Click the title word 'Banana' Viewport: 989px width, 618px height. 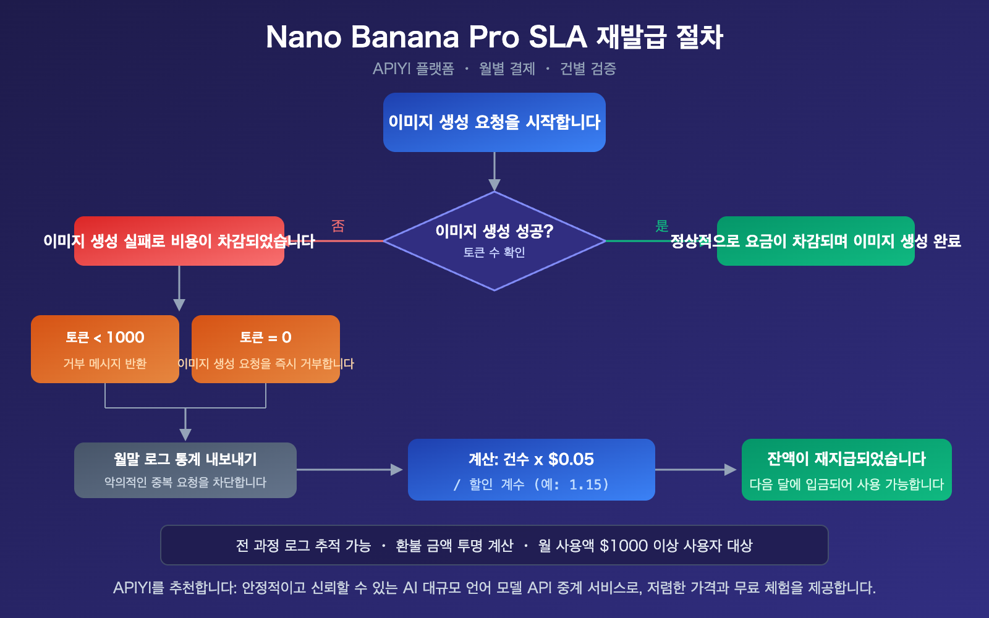405,37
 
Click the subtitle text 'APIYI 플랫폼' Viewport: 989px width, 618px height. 413,69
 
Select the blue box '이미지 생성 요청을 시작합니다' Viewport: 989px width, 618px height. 494,122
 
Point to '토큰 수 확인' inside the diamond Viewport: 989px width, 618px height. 494,253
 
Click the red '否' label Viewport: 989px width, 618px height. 337,226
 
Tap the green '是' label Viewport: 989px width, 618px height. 662,226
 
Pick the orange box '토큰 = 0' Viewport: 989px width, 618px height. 266,338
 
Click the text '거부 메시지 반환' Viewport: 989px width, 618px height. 105,363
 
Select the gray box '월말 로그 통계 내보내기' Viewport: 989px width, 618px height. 185,470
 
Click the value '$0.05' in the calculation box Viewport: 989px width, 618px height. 571,459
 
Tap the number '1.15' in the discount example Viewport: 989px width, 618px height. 585,485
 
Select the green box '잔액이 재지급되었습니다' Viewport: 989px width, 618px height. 846,470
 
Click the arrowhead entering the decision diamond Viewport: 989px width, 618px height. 494,184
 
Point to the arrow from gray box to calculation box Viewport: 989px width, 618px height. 350,470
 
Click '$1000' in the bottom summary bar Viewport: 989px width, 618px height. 623,546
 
